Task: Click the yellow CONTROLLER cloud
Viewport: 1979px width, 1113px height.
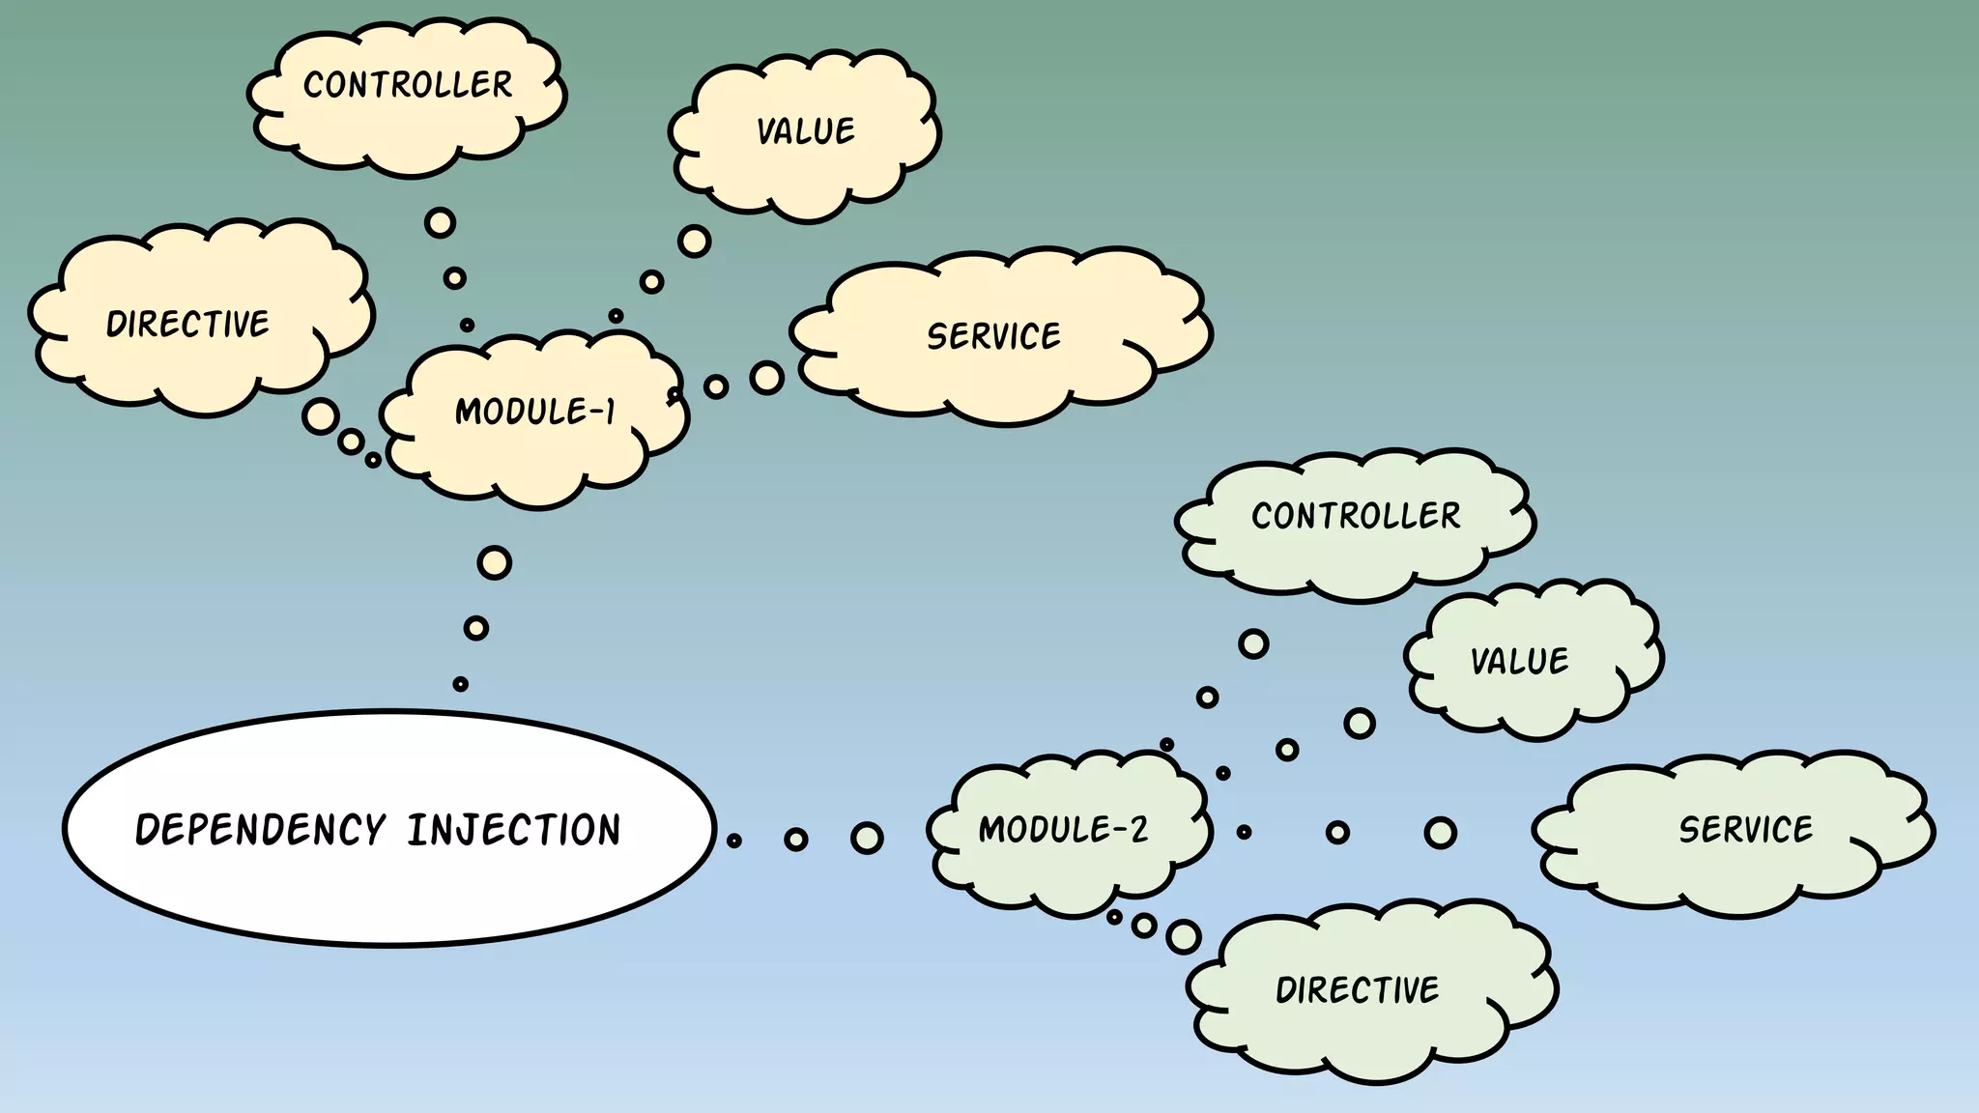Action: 407,97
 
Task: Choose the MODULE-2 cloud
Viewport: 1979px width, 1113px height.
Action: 1063,831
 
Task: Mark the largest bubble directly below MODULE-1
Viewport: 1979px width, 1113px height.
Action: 494,562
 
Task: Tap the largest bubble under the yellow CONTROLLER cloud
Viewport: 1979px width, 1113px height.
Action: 440,223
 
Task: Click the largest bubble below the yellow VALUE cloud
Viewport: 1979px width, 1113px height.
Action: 694,241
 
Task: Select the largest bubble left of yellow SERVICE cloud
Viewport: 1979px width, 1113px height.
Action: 766,378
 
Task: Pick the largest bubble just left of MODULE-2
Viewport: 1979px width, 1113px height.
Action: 867,838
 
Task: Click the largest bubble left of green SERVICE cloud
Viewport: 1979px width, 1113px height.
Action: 1440,833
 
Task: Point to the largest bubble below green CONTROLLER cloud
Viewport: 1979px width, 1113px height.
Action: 1253,643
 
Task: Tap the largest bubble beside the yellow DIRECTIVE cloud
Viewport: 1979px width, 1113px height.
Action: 320,416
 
